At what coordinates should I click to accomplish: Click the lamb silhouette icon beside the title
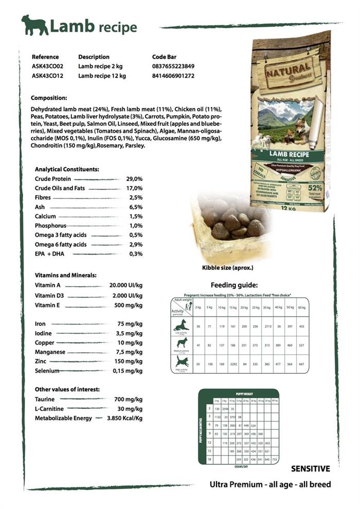[x=34, y=25]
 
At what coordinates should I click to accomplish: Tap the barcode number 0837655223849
[x=173, y=66]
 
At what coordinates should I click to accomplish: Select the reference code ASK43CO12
[x=47, y=76]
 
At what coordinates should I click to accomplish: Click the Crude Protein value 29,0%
[x=134, y=178]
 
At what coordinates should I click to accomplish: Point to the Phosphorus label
[x=50, y=226]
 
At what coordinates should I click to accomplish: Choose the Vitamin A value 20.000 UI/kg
[x=126, y=285]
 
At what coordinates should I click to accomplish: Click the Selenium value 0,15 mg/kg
[x=128, y=371]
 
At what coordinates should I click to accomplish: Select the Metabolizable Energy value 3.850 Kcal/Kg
[x=124, y=418]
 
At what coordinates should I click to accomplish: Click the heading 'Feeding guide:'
[x=234, y=285]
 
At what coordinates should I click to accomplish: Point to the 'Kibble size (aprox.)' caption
[x=227, y=267]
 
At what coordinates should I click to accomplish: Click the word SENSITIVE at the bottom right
[x=310, y=468]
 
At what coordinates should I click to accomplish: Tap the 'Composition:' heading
[x=49, y=98]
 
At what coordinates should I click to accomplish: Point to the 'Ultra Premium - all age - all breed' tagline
[x=270, y=484]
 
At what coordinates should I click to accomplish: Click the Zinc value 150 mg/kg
[x=129, y=361]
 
